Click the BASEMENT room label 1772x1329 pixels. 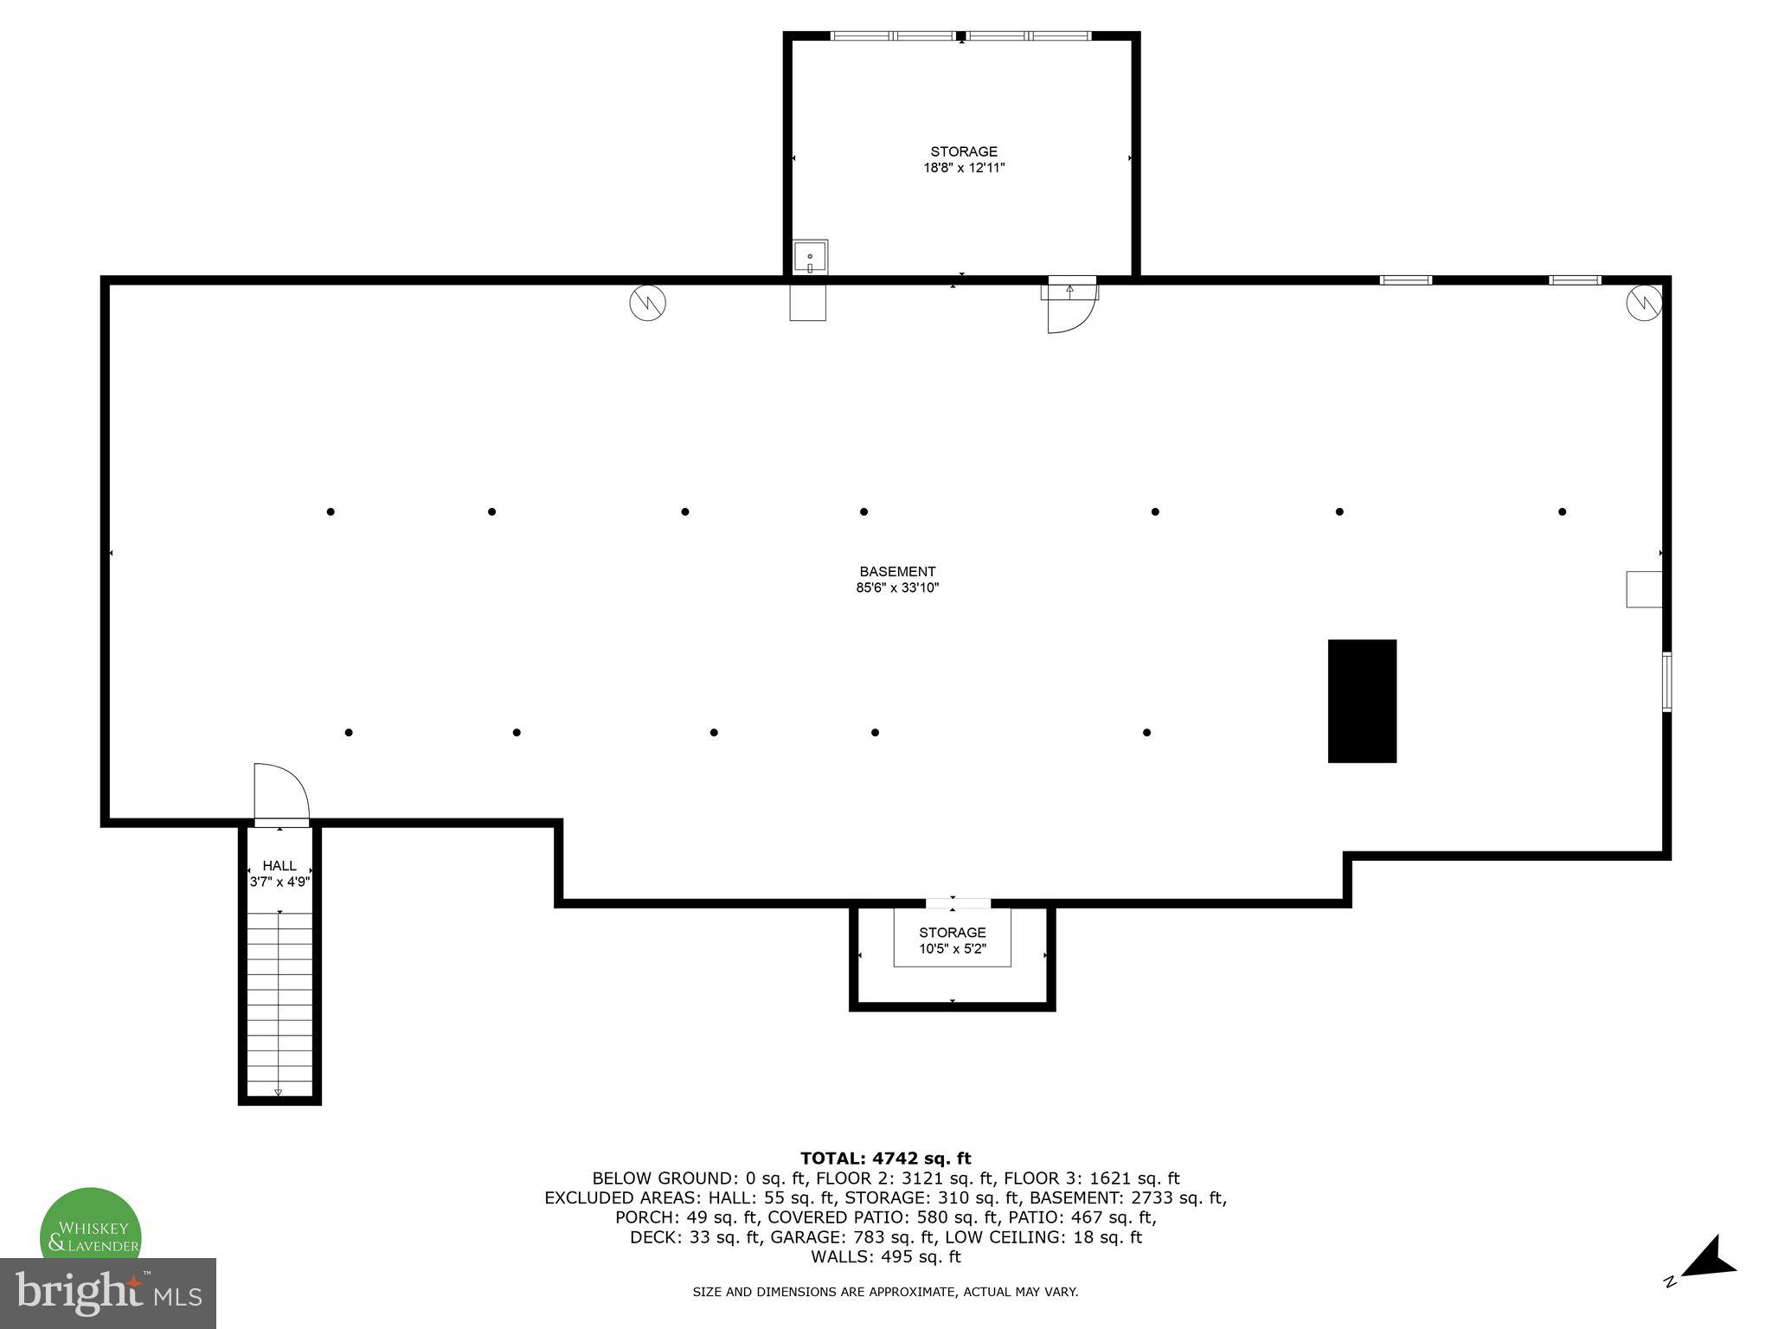897,572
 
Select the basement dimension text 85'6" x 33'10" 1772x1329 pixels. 897,588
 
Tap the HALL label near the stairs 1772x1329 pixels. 279,866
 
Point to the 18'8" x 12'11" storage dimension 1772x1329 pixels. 964,168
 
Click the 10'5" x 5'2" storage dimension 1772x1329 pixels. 953,949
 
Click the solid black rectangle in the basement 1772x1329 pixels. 1362,701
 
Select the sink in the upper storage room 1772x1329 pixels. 810,258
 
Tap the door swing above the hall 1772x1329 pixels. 280,792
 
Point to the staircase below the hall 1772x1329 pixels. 279,1004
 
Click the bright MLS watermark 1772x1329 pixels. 108,1294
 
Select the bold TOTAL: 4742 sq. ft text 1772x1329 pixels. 885,1159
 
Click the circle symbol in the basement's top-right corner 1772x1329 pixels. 1644,303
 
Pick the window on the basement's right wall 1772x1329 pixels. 1666,682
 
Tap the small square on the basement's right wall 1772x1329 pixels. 1644,589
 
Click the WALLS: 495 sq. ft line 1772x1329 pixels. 885,1257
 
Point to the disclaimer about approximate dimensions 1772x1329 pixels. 885,1293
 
